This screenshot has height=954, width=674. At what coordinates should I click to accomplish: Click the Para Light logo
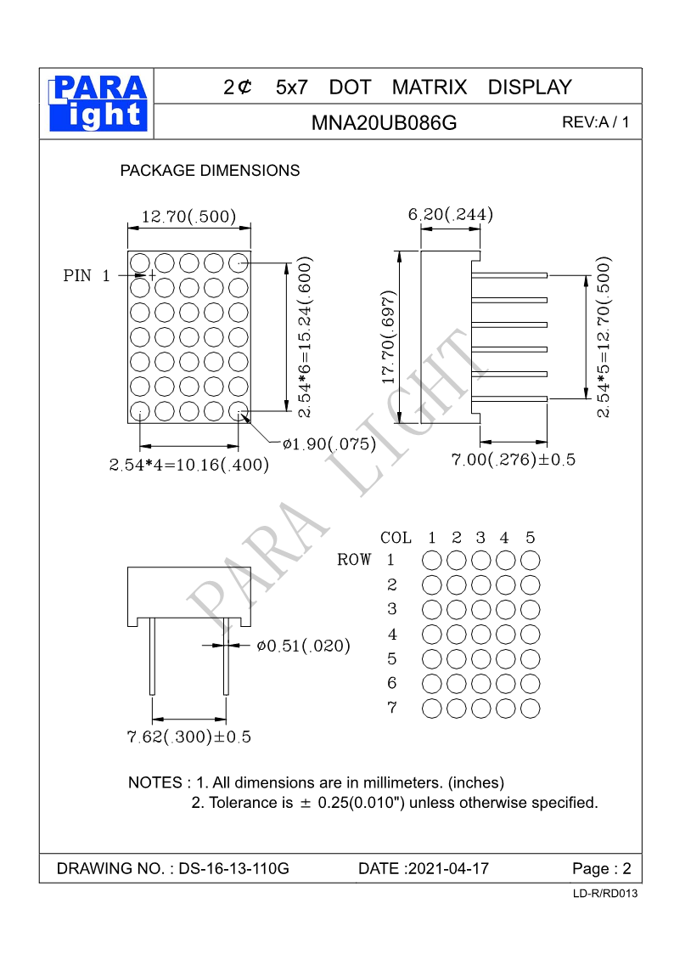[98, 104]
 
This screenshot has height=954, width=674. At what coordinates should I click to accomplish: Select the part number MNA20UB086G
[384, 123]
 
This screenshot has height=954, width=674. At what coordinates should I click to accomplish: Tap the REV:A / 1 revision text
[596, 122]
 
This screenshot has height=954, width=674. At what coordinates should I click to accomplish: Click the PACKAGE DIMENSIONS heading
[210, 171]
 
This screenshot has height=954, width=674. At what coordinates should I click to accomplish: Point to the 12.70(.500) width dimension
[188, 217]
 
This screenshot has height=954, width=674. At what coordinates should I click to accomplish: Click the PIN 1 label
[87, 276]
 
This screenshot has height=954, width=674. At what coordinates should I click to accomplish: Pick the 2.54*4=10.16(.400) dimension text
[188, 465]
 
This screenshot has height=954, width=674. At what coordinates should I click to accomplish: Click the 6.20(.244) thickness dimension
[451, 215]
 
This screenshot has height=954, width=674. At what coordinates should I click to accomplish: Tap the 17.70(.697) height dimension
[389, 337]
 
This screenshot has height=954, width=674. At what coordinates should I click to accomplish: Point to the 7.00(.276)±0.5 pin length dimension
[513, 460]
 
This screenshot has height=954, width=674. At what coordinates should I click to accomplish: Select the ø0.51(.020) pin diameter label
[303, 646]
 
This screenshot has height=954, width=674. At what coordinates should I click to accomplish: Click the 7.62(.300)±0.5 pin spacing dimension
[188, 737]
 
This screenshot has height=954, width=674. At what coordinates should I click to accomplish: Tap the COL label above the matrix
[396, 538]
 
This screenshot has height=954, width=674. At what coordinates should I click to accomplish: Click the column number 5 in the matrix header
[531, 538]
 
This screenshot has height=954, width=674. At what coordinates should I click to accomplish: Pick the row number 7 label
[391, 707]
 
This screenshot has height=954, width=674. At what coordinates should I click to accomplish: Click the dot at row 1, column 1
[432, 561]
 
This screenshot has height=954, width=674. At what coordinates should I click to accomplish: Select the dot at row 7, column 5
[531, 708]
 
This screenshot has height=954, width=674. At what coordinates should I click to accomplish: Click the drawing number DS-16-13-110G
[234, 869]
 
